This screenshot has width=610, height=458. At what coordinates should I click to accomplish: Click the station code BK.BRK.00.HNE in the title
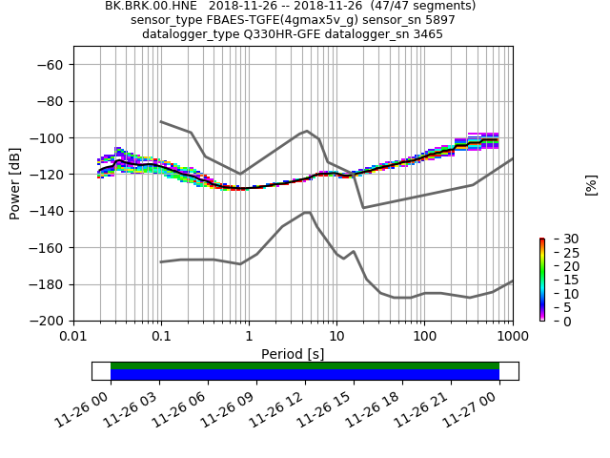tap(148, 6)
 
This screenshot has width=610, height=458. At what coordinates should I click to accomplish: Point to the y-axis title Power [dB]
tap(15, 183)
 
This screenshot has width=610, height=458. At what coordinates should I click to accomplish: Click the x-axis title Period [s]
tap(293, 354)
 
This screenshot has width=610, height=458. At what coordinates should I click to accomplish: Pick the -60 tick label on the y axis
tap(51, 65)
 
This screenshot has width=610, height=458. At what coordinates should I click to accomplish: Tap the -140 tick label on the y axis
tap(48, 211)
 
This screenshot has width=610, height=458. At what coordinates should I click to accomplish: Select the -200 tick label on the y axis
tap(48, 322)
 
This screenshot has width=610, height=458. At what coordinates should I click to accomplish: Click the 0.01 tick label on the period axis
tap(73, 337)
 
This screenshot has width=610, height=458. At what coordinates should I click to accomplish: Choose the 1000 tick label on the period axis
tap(512, 337)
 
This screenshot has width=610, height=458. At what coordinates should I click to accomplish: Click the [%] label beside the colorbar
tap(591, 184)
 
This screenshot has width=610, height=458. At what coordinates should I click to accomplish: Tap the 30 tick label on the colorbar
tap(559, 239)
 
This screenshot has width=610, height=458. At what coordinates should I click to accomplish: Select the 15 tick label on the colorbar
tap(559, 280)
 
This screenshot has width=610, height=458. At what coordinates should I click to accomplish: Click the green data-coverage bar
tap(305, 365)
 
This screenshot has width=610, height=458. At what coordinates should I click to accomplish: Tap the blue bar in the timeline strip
tap(305, 375)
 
